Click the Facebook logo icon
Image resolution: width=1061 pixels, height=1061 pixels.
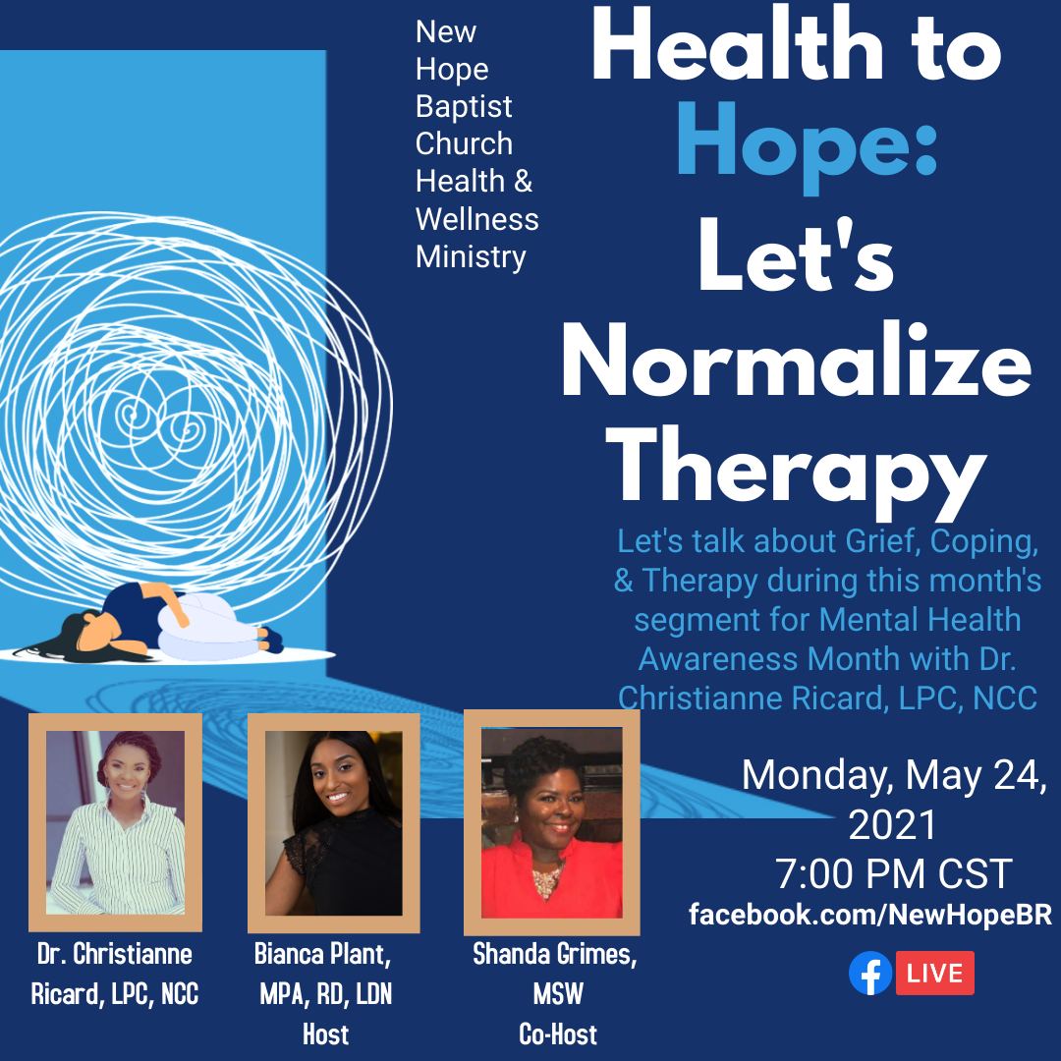[x=870, y=973]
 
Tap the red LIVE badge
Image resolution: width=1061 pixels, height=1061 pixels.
[x=935, y=973]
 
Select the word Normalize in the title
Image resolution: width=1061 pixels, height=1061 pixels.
[x=797, y=362]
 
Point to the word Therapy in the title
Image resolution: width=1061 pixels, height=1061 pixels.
[x=797, y=471]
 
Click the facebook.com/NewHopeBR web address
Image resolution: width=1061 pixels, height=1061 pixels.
[x=870, y=915]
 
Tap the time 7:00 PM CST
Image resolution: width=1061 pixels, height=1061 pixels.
[x=893, y=873]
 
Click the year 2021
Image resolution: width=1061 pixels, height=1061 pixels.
[x=892, y=824]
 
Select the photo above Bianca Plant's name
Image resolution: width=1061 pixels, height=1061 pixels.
[x=334, y=823]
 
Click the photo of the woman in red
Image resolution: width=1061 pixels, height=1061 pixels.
[x=551, y=822]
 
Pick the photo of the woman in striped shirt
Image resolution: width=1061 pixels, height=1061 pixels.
[x=115, y=822]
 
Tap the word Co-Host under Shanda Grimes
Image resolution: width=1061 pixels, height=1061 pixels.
[x=558, y=1033]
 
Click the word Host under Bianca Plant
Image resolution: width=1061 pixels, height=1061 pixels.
[x=325, y=1033]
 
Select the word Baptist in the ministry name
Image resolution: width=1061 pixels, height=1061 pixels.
[x=464, y=106]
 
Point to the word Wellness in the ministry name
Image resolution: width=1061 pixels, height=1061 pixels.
[x=477, y=219]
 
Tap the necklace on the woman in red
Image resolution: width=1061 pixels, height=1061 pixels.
[x=547, y=878]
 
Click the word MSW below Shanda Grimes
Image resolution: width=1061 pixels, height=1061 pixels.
[x=558, y=994]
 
